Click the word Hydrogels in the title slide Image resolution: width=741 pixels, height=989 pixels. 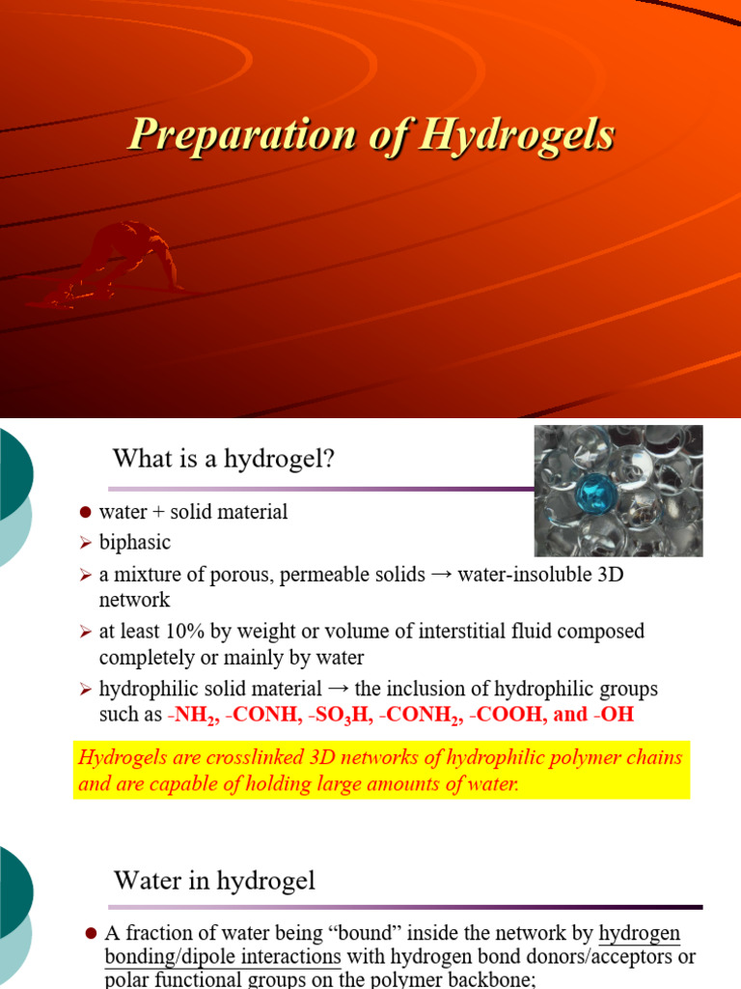(x=519, y=134)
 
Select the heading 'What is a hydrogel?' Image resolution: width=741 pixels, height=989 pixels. (x=224, y=459)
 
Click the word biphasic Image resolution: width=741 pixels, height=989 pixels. (x=134, y=543)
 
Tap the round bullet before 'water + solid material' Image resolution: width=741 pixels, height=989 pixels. (x=84, y=513)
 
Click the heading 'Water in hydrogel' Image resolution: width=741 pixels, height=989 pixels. (x=214, y=880)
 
